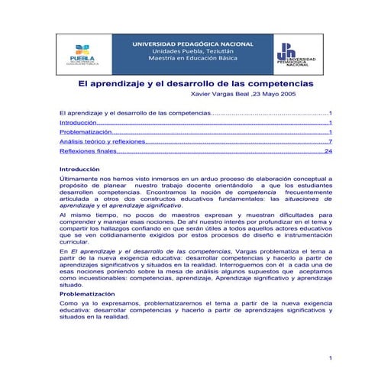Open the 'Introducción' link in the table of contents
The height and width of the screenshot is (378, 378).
[78, 122]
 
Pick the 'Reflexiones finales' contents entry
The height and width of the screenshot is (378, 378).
[88, 151]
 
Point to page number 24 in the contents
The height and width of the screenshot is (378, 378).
[328, 151]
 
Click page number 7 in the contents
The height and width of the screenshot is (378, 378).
[329, 141]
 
